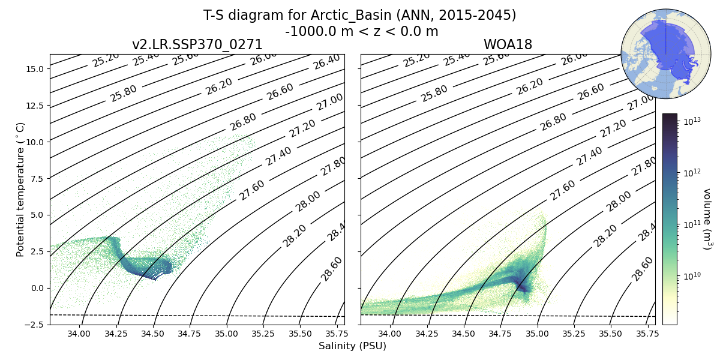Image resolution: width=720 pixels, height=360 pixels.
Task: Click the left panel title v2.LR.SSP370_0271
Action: (x=197, y=45)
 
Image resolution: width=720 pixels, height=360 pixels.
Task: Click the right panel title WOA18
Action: (x=508, y=45)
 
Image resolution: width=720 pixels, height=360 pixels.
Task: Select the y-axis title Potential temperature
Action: (x=21, y=190)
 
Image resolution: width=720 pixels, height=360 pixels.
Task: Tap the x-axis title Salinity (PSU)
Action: (x=352, y=346)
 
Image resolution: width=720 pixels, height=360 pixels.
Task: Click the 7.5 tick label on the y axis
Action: (x=35, y=179)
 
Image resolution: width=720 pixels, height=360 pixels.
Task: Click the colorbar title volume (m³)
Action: (x=707, y=219)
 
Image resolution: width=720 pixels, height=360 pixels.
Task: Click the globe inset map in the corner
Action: (x=658, y=53)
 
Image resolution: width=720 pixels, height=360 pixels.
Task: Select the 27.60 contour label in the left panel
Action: (x=252, y=190)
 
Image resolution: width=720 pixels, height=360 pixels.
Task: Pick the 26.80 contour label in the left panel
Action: (x=243, y=122)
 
